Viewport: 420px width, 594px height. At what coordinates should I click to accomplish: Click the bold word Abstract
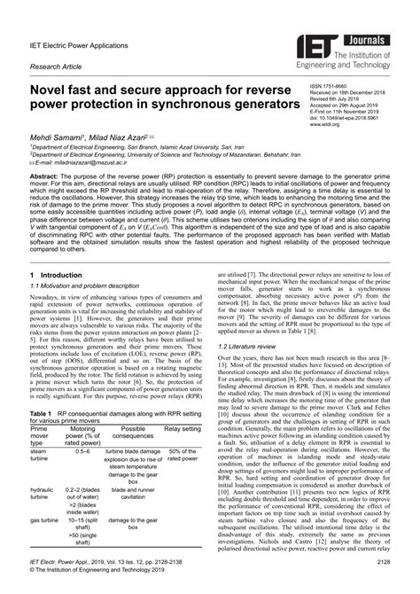point(45,179)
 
